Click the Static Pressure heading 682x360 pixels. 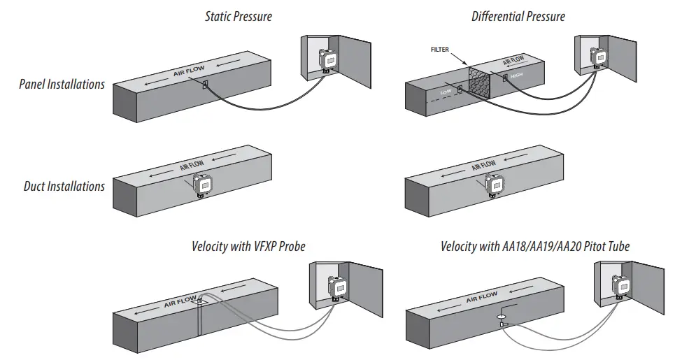238,16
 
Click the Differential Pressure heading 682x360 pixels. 518,16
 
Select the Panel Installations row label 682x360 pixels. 62,85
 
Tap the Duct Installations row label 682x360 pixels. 64,187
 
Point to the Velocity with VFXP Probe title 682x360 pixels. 248,246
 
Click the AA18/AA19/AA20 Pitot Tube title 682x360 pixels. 536,246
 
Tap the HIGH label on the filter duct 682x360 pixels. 517,75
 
